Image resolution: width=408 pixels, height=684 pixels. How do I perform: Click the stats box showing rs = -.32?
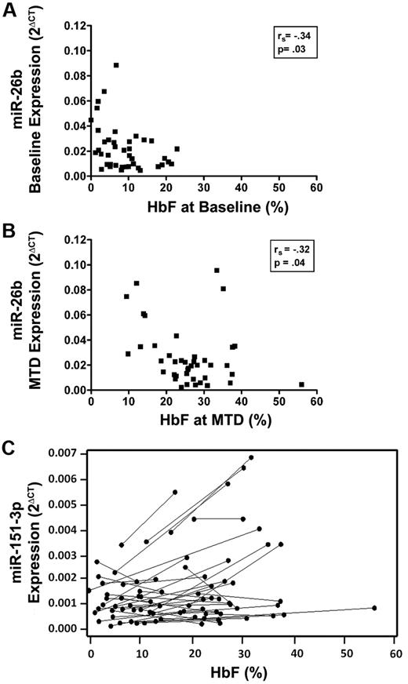tap(291, 258)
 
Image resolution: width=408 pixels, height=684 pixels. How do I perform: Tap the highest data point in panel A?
tap(116, 65)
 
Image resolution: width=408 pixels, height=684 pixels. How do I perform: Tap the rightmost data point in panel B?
tap(301, 384)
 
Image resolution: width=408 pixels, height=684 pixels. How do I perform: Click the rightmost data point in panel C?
tap(374, 608)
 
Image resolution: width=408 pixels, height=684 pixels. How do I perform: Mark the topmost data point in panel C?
tap(251, 457)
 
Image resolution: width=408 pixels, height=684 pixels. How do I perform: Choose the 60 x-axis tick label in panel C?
tap(395, 652)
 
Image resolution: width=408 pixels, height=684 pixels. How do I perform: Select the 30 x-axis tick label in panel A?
tap(203, 188)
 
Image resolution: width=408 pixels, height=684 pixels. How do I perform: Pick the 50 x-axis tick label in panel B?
tap(279, 402)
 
